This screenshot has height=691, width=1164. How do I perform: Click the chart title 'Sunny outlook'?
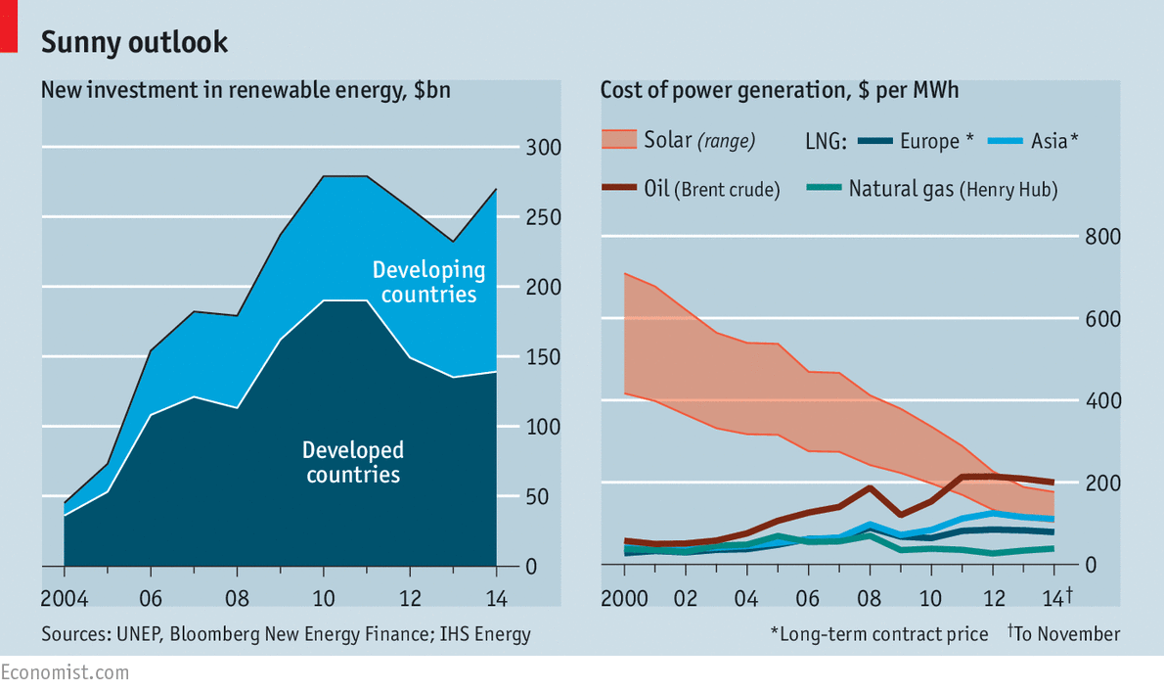coord(134,42)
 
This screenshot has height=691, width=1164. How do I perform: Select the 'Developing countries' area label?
coord(428,282)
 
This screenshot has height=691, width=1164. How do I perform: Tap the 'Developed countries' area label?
coord(353,463)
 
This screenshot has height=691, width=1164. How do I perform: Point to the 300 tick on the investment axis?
coord(545,148)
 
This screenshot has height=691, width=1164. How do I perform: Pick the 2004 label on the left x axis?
coord(63,598)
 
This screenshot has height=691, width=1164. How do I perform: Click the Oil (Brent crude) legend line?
coord(618,188)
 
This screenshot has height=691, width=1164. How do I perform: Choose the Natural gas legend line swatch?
coord(823,188)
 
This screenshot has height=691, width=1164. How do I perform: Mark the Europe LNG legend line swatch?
coord(875,141)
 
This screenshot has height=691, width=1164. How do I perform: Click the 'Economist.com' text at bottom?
coord(65,672)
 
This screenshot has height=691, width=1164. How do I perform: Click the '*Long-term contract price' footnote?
coord(879,634)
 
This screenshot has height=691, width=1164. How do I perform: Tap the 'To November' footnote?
coord(1066,634)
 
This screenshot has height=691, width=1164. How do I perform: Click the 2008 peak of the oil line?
coord(870,487)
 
